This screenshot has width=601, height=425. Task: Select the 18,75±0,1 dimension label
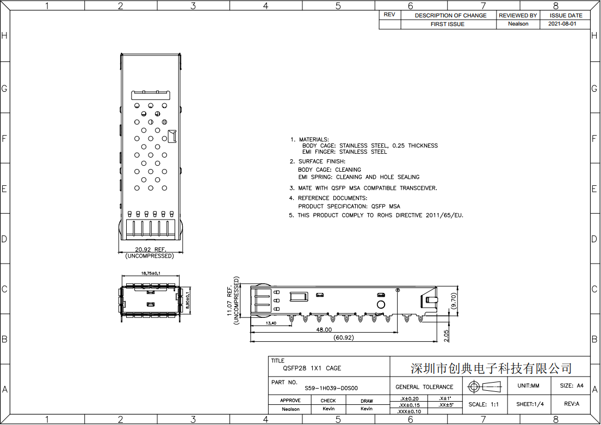(x=151, y=273)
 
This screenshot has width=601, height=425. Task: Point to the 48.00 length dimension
(x=324, y=330)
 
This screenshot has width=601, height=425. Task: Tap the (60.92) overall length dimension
(x=343, y=337)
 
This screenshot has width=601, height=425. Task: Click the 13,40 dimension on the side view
(x=271, y=323)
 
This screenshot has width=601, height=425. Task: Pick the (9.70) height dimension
(x=454, y=301)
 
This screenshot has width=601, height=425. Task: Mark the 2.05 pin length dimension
(x=446, y=336)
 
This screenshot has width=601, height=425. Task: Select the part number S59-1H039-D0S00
(x=331, y=388)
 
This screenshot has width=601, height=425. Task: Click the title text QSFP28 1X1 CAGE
(x=312, y=368)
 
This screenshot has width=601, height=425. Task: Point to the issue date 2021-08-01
(x=562, y=24)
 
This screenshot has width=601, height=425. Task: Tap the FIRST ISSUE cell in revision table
(x=447, y=24)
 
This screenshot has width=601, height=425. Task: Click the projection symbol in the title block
(x=485, y=387)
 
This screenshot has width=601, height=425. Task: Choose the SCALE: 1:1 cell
(x=484, y=404)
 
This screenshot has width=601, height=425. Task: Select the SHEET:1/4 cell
(x=530, y=404)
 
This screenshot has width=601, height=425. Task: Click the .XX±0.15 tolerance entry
(x=409, y=405)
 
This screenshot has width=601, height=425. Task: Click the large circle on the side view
(x=381, y=305)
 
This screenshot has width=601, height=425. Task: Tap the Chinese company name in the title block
(x=491, y=368)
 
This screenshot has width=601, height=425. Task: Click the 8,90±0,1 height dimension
(x=188, y=301)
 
